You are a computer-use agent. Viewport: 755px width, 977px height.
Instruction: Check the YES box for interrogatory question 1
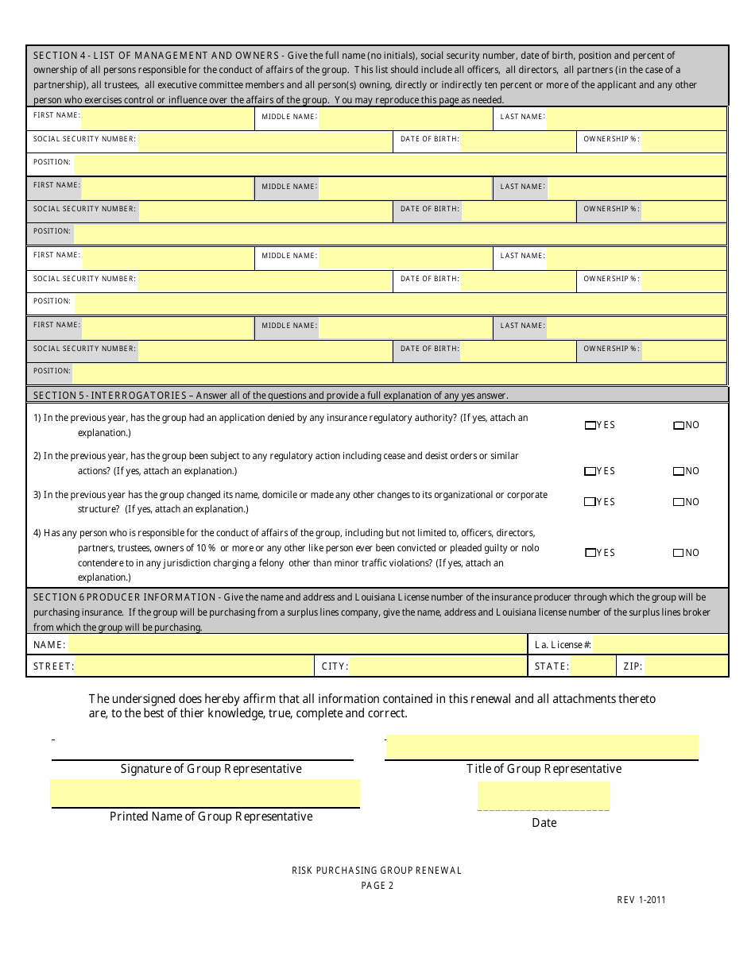(590, 426)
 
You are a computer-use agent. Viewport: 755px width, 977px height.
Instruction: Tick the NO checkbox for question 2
(678, 472)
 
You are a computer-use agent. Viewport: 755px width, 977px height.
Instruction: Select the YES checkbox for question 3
(590, 502)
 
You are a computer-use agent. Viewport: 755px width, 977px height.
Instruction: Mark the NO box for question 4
(678, 553)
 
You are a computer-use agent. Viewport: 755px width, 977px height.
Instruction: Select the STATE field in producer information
(592, 666)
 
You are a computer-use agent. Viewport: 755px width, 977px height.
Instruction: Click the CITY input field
(438, 666)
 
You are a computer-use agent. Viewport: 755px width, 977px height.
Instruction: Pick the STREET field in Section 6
(194, 666)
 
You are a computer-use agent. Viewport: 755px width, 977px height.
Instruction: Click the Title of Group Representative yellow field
(543, 747)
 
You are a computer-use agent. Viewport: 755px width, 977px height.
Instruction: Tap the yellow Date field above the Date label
(544, 795)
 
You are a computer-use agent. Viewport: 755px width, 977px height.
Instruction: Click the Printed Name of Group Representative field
(205, 793)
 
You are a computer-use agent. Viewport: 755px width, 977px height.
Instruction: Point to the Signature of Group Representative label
(211, 769)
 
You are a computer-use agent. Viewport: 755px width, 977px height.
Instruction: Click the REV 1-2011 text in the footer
(641, 900)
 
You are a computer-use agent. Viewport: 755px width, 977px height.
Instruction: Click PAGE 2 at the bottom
(377, 886)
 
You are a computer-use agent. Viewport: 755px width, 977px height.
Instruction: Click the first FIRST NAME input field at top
(167, 118)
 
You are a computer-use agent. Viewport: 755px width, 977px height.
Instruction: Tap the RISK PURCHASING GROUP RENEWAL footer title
(377, 871)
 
